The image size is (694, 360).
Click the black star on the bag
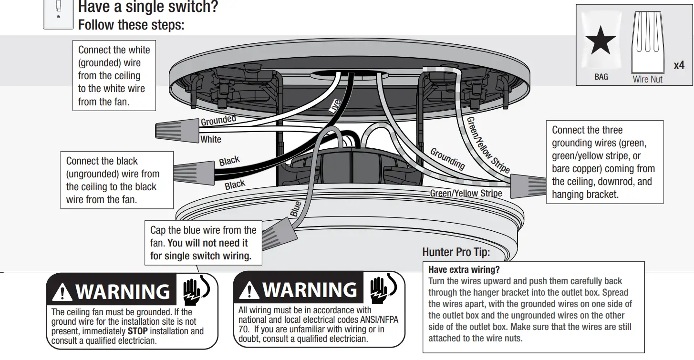pyautogui.click(x=601, y=41)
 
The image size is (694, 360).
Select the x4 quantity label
pyautogui.click(x=679, y=65)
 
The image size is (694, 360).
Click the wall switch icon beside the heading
pyautogui.click(x=59, y=13)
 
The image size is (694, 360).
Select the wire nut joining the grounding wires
pyautogui.click(x=528, y=185)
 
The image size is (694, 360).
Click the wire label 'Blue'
pyautogui.click(x=296, y=209)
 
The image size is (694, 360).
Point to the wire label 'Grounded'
pyautogui.click(x=218, y=121)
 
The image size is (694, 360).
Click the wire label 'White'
pyautogui.click(x=211, y=139)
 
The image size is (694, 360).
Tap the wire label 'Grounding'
pyautogui.click(x=447, y=158)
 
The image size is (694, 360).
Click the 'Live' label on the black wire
pyautogui.click(x=335, y=106)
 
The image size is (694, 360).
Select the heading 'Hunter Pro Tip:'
pyautogui.click(x=456, y=252)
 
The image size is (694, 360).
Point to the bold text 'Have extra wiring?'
pyautogui.click(x=464, y=269)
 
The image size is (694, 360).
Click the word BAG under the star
pyautogui.click(x=601, y=77)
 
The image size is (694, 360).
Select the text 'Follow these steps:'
pyautogui.click(x=131, y=24)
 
